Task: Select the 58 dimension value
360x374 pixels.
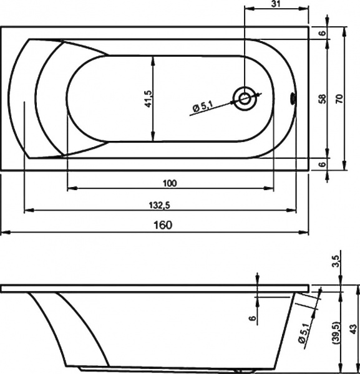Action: (x=322, y=98)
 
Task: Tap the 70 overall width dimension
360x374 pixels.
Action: (x=339, y=98)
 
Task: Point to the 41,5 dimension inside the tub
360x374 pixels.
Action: (x=148, y=98)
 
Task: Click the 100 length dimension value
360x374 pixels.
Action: (x=169, y=183)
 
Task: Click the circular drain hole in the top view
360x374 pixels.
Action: (x=245, y=98)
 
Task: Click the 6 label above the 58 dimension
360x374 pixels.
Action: (x=322, y=33)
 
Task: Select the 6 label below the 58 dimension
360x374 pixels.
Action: (x=322, y=164)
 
